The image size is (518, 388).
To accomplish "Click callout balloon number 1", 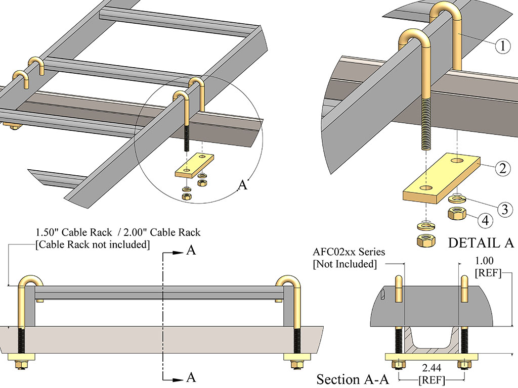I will (501, 47).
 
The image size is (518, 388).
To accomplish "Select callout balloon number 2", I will (501, 168).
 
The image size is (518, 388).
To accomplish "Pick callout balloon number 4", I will (484, 220).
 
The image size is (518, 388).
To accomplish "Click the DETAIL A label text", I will (481, 243).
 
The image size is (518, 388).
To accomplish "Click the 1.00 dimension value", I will (485, 261).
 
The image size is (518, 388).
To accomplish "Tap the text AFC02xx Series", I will (349, 252).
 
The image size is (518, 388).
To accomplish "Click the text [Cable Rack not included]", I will (93, 245).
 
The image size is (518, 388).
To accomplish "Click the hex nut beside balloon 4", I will (458, 214).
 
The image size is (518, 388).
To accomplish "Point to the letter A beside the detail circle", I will (243, 185).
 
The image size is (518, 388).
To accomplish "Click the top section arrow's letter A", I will (191, 251).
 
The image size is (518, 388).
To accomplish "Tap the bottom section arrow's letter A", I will (191, 376).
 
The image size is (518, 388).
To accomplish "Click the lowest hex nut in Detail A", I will (425, 240).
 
